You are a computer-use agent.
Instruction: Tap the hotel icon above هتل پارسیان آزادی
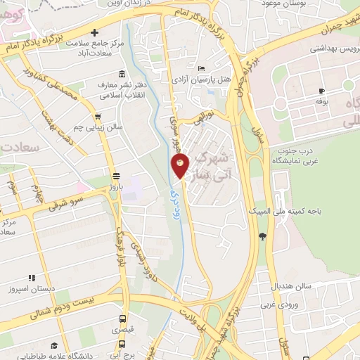[202, 68]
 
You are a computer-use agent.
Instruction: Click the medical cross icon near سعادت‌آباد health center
[94, 32]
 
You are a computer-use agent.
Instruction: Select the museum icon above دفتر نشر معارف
[123, 75]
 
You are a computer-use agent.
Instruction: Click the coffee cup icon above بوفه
[321, 91]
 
